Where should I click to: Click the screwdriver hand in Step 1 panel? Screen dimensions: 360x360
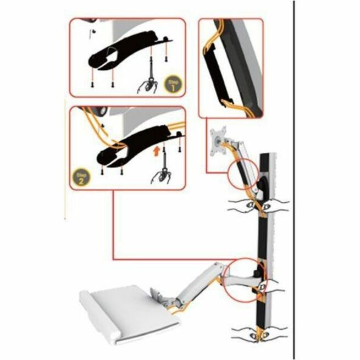(147, 84)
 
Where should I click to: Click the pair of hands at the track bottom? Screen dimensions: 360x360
(261, 335)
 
